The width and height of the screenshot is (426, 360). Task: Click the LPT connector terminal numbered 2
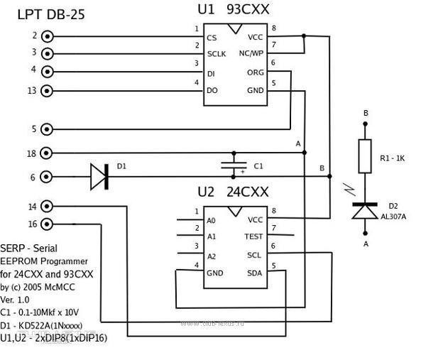pyautogui.click(x=48, y=36)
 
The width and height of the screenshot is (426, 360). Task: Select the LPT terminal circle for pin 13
pyautogui.click(x=48, y=90)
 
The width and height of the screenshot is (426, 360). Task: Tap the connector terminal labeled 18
pyautogui.click(x=48, y=153)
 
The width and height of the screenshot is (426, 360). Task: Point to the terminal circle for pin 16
pyautogui.click(x=48, y=224)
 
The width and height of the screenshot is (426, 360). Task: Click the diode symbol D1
pyautogui.click(x=99, y=177)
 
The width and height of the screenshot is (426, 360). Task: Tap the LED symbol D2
pyautogui.click(x=366, y=210)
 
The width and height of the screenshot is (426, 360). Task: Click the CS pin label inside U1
pyautogui.click(x=212, y=38)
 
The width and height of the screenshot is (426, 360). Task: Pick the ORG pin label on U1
pyautogui.click(x=255, y=72)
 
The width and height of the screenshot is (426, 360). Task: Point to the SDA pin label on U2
pyautogui.click(x=254, y=273)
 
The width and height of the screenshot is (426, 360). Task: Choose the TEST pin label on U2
pyautogui.click(x=253, y=236)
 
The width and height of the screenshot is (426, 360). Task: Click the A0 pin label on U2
pyautogui.click(x=211, y=220)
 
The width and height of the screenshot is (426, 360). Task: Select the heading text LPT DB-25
pyautogui.click(x=51, y=13)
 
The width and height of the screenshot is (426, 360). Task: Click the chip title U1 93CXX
pyautogui.click(x=234, y=9)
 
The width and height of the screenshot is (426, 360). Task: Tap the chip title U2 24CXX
pyautogui.click(x=234, y=192)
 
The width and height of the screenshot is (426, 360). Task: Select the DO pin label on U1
pyautogui.click(x=212, y=90)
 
